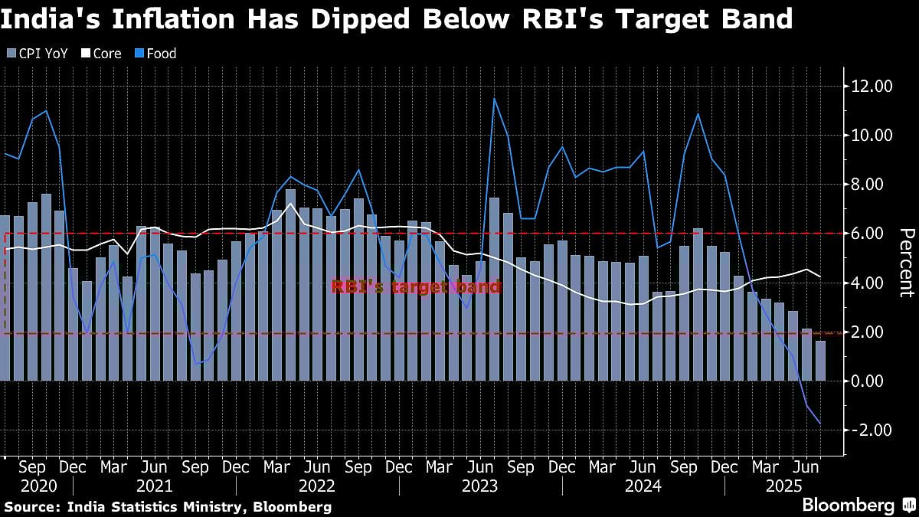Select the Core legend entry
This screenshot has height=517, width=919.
coord(107,54)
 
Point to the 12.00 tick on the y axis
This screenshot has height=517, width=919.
coord(872,86)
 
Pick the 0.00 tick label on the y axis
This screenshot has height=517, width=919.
coord(872,381)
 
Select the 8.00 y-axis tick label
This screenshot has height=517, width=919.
coord(872,184)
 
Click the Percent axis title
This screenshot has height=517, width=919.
coord(906,262)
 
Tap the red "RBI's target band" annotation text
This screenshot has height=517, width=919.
coord(416,288)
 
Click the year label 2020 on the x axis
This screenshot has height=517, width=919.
coord(38,486)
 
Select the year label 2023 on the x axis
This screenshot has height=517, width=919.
coord(479,486)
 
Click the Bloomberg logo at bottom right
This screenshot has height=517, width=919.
coord(848,506)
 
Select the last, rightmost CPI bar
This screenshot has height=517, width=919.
coord(820,361)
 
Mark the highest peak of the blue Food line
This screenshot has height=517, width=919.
coord(495,98)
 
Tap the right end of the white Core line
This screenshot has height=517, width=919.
coord(820,276)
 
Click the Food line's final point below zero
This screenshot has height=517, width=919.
coord(820,424)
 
